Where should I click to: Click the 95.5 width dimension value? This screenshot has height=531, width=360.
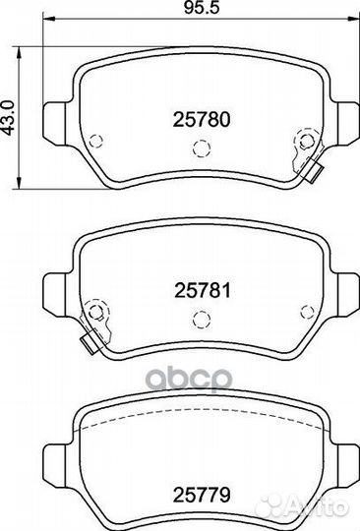tap(202, 8)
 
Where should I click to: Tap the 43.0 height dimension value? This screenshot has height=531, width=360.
tap(8, 118)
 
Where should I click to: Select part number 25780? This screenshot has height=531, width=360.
tap(202, 120)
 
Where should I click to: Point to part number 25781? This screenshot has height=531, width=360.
tap(203, 291)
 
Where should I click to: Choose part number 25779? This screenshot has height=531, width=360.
tap(202, 495)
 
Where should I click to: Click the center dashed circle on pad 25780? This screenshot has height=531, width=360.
tap(202, 147)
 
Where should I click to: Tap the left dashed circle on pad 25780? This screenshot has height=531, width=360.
tap(95, 141)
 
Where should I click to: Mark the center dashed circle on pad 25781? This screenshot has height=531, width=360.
tap(202, 319)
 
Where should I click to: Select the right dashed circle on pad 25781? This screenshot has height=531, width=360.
tap(307, 312)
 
